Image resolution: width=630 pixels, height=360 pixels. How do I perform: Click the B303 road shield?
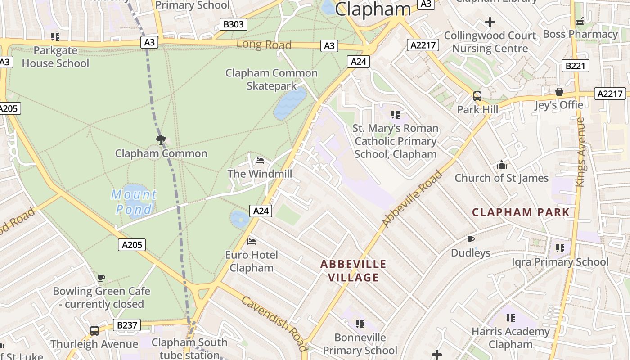click(x=234, y=24)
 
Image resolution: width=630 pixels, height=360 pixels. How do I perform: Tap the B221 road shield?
click(x=575, y=66)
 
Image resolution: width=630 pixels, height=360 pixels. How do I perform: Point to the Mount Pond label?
click(x=134, y=202)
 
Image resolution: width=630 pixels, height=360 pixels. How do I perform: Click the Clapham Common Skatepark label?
click(x=271, y=79)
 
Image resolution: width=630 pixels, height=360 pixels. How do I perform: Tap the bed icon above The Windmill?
click(x=260, y=161)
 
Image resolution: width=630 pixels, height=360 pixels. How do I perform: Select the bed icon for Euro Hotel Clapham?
click(x=252, y=242)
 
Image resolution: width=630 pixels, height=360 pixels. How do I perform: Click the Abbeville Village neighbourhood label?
click(x=353, y=270)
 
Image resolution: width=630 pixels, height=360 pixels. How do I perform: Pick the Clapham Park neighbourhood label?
click(x=521, y=212)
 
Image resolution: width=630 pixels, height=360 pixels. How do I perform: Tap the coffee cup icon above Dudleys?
click(x=471, y=239)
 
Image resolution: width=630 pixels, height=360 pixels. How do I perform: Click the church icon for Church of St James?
click(x=502, y=165)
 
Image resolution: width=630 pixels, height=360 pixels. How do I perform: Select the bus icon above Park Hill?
click(x=477, y=96)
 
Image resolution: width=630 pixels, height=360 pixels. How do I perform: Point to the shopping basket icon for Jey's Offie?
click(x=559, y=92)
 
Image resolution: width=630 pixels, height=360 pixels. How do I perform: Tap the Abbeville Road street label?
click(x=412, y=198)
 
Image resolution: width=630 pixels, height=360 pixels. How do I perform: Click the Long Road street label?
click(x=264, y=45)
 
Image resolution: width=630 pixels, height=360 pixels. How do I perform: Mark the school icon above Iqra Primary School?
click(x=560, y=248)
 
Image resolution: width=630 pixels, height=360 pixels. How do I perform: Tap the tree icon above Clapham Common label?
click(x=161, y=140)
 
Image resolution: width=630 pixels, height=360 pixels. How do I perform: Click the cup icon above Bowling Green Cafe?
click(x=101, y=278)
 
